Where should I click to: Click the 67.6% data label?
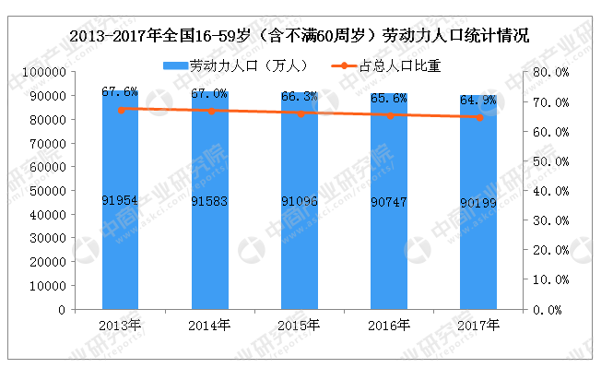[121, 91]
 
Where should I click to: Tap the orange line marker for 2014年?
[210, 111]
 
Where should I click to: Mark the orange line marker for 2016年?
[390, 115]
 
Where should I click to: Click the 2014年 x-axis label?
[210, 325]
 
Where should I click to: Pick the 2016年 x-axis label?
[390, 325]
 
